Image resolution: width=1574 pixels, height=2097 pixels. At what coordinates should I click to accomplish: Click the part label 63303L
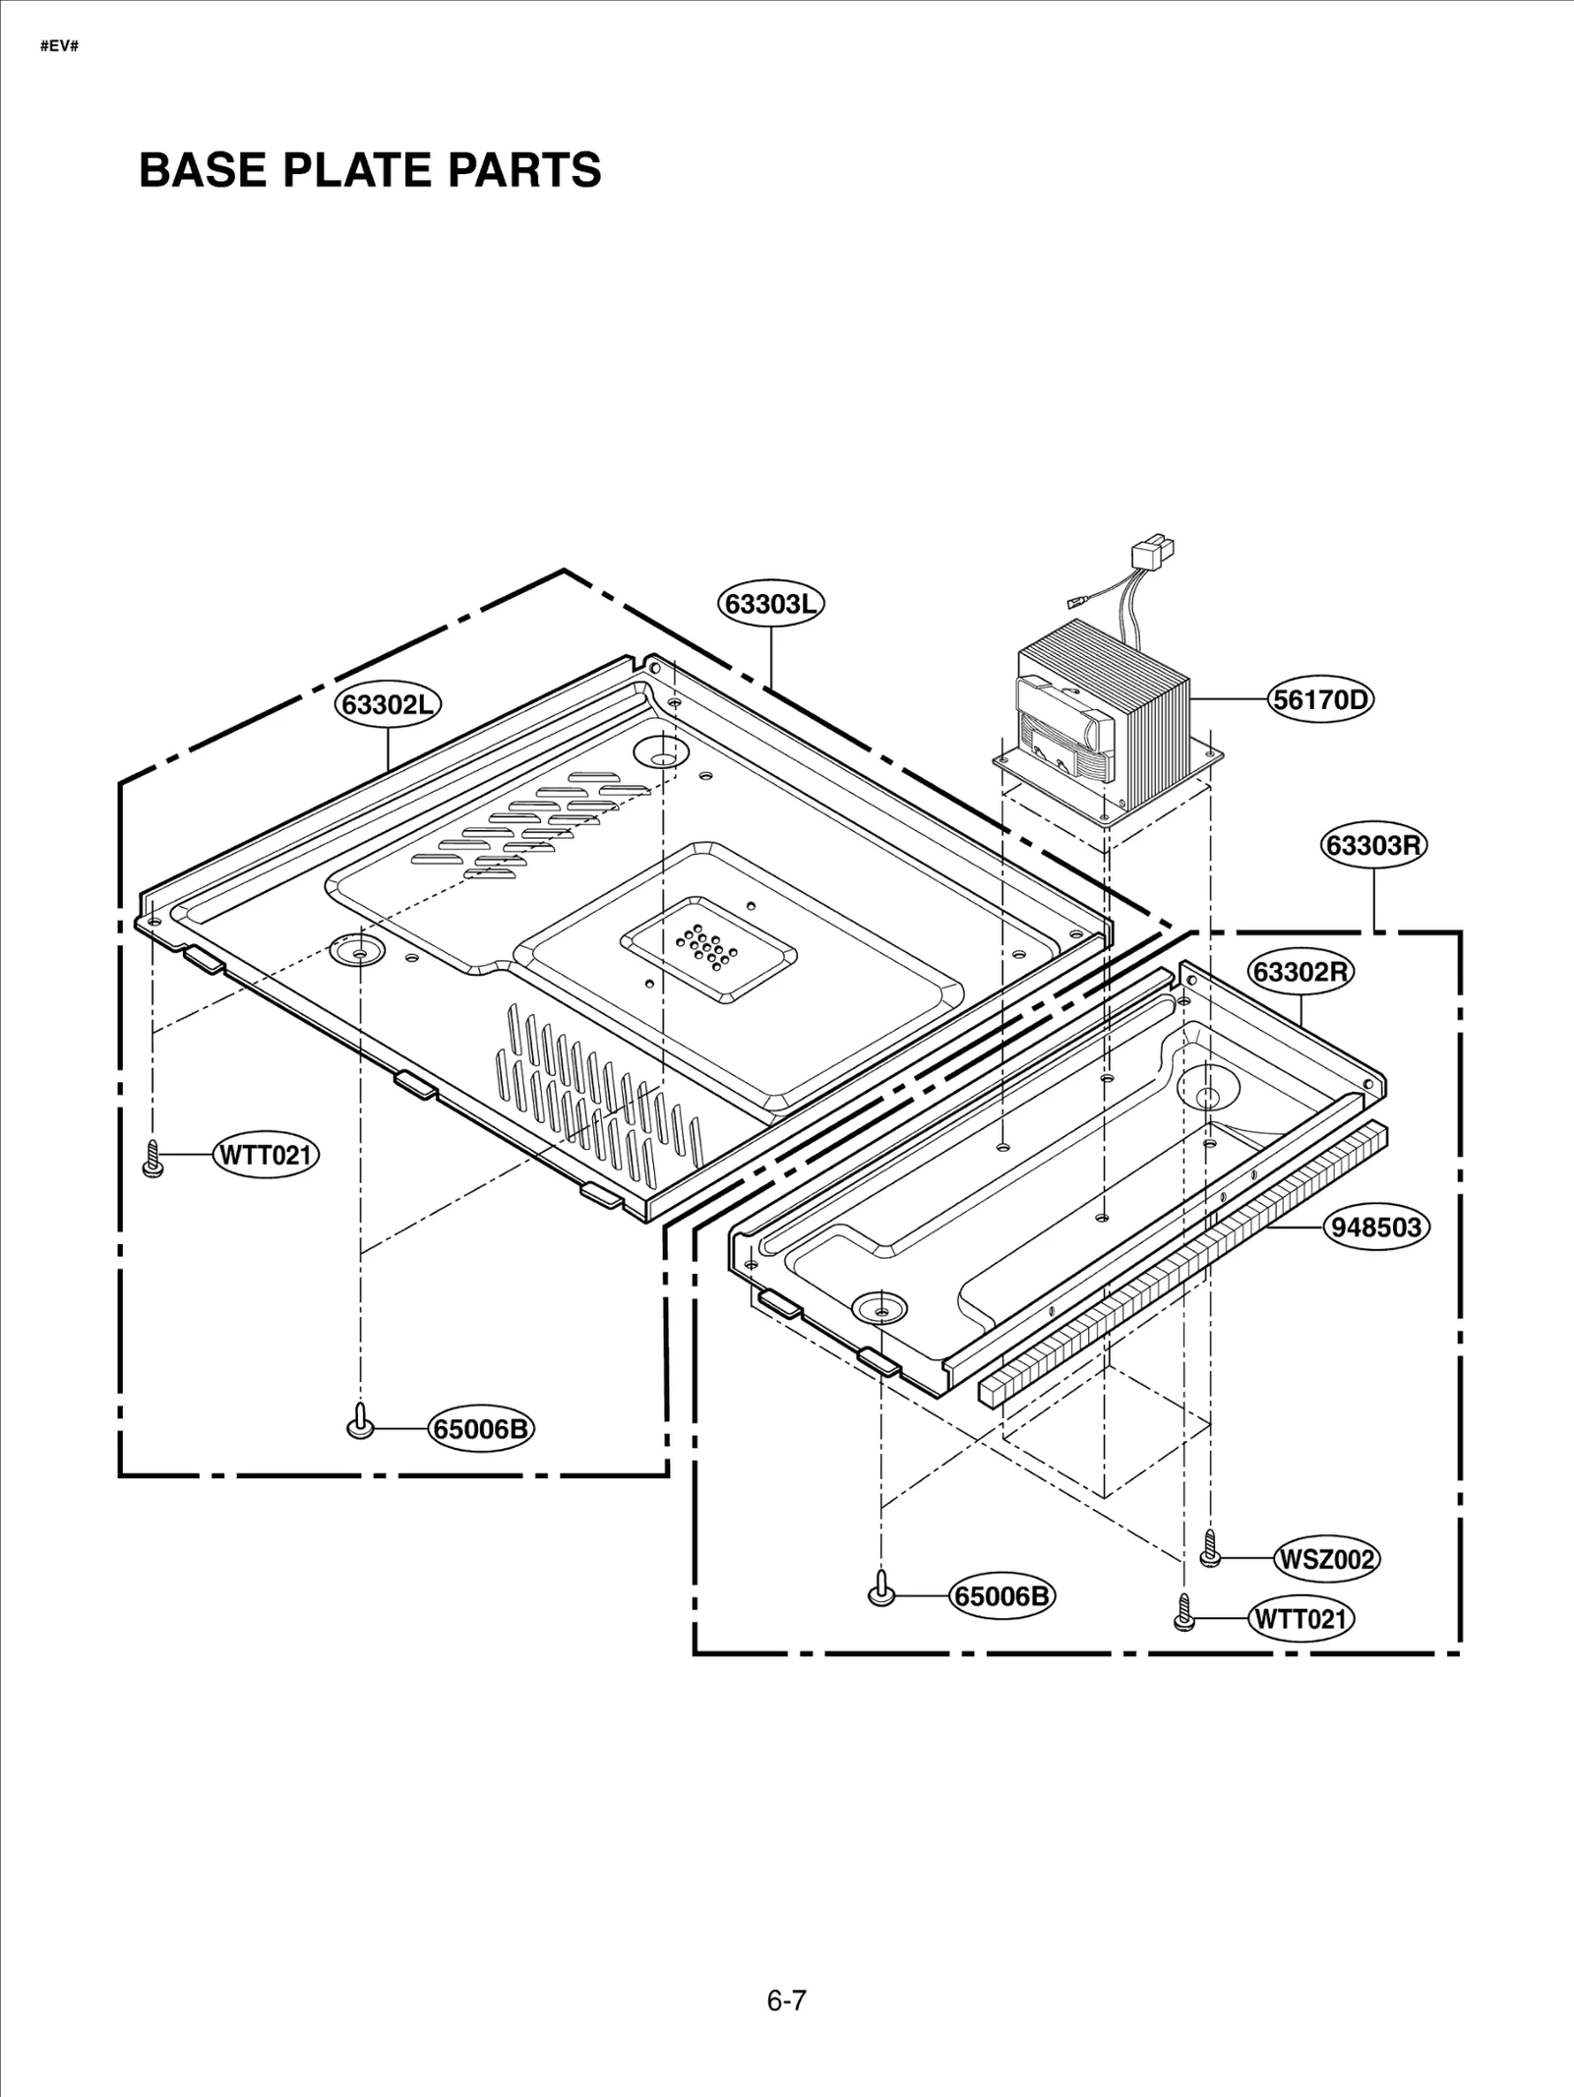pos(770,604)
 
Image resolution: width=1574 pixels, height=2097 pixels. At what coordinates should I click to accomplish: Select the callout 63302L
pos(389,704)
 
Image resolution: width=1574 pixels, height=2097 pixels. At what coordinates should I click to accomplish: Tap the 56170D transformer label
pos(1320,700)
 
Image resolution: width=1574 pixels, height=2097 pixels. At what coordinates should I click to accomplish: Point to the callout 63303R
pos(1373,845)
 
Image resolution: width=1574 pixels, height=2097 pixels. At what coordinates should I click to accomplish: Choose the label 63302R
pos(1302,972)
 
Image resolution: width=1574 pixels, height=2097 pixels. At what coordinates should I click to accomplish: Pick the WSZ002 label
pos(1326,1559)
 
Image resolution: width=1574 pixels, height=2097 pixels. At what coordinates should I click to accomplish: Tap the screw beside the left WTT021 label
pos(152,1159)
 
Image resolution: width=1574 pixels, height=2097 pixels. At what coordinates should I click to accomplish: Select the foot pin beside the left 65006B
pos(360,1423)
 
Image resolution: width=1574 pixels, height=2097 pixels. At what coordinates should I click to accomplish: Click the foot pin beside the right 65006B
pos(881,1589)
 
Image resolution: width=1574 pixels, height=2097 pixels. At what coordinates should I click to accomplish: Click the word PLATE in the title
pos(358,170)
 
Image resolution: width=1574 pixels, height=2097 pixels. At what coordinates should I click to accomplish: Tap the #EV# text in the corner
pos(59,46)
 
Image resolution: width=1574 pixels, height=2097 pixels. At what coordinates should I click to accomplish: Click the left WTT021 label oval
pos(266,1155)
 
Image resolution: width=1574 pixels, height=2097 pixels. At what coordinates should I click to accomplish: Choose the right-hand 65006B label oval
pos(1001,1595)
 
